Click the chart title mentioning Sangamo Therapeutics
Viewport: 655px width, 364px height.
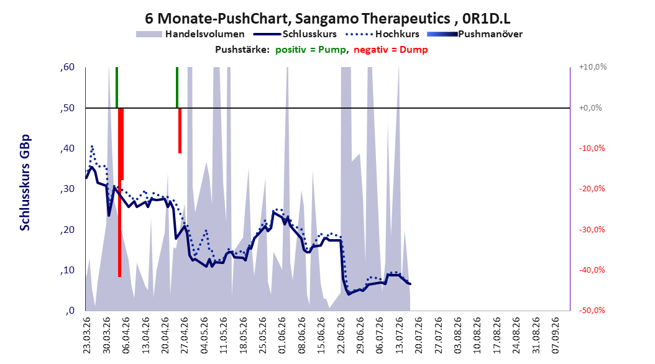point(327,19)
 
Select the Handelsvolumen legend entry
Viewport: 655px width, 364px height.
point(191,34)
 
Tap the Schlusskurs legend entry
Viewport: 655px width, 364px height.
point(295,34)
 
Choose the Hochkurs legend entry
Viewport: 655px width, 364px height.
point(382,34)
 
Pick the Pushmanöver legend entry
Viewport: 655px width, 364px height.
point(475,34)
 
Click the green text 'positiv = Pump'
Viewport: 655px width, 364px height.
point(311,50)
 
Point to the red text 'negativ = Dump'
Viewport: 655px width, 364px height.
point(391,50)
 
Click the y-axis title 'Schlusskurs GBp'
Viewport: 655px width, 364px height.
point(25,183)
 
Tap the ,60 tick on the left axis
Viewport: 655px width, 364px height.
point(67,67)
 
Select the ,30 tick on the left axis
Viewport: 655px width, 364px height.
point(67,189)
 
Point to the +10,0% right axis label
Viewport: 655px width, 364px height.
point(593,67)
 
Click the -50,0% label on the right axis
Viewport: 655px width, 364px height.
point(592,310)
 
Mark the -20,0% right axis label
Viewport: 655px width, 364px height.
point(592,189)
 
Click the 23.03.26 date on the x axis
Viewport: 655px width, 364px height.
point(87,335)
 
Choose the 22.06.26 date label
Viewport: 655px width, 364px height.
point(341,335)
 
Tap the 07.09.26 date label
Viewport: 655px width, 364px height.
point(556,335)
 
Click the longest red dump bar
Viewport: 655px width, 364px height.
point(119,192)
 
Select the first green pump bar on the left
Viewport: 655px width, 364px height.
point(117,87)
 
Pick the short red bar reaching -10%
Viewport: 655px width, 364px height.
point(180,130)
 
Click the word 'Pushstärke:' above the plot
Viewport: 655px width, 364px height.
point(242,50)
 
